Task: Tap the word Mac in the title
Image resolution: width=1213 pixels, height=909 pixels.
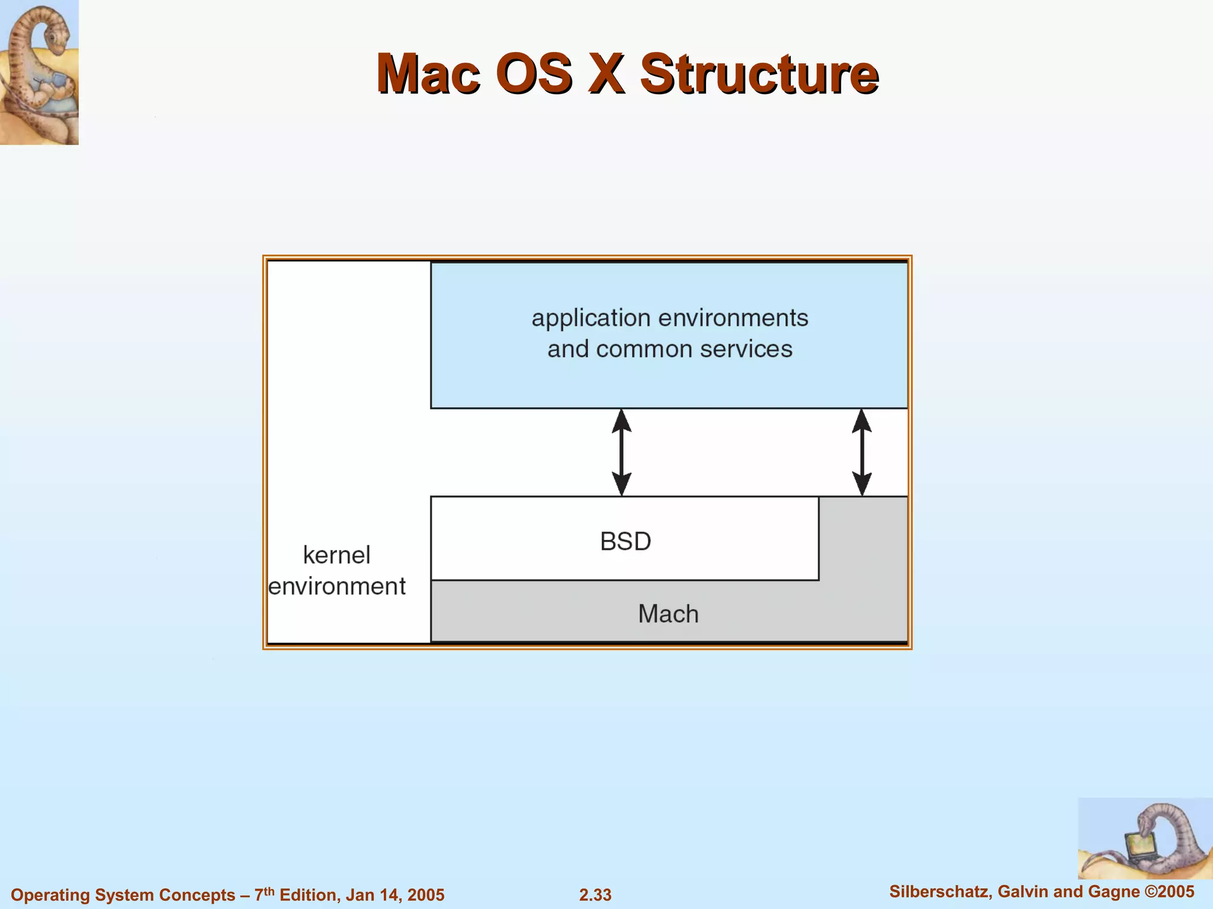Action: [x=428, y=74]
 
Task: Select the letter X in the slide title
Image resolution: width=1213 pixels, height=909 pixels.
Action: [x=606, y=74]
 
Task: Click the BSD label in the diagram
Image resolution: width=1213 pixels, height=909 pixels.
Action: [x=625, y=541]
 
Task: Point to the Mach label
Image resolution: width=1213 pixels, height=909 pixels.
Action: [x=668, y=614]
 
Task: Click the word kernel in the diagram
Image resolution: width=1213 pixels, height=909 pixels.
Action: [x=336, y=555]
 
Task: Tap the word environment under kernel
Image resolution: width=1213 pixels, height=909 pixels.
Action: [x=336, y=587]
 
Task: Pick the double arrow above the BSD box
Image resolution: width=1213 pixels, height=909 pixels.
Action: [x=621, y=452]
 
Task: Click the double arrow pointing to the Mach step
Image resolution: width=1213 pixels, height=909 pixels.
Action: [x=862, y=452]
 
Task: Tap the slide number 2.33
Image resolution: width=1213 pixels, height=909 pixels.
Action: [x=595, y=895]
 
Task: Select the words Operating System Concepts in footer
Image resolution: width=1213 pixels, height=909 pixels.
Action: [x=123, y=895]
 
